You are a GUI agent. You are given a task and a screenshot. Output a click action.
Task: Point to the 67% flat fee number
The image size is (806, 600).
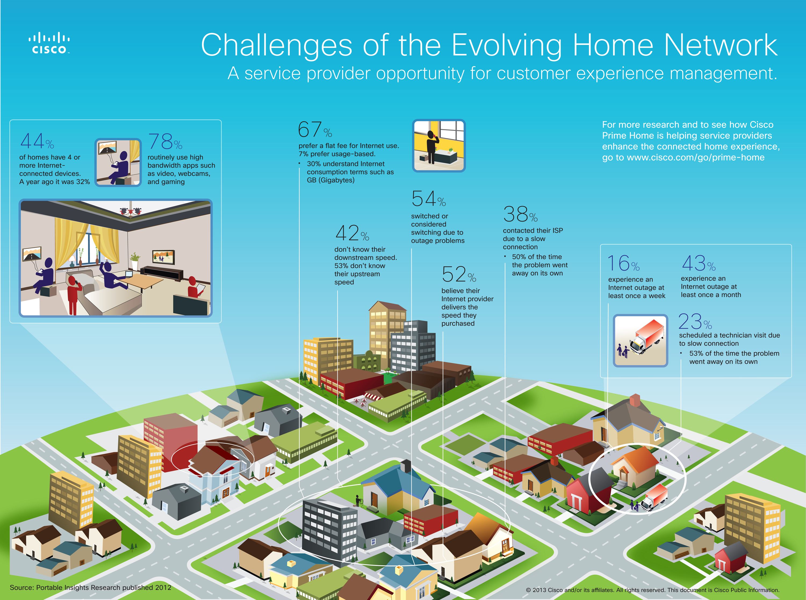315,129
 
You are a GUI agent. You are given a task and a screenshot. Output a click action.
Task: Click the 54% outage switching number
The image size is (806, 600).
429,199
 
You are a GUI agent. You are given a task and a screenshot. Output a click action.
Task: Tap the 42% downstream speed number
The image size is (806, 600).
352,233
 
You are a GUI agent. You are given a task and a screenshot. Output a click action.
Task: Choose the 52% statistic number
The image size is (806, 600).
459,274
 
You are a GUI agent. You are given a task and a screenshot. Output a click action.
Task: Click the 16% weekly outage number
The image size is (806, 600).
624,263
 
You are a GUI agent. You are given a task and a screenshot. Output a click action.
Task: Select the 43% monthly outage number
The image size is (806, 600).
699,263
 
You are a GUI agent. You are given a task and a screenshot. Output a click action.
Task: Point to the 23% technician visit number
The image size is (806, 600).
695,321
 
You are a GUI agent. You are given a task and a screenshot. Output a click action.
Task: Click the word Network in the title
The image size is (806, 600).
721,45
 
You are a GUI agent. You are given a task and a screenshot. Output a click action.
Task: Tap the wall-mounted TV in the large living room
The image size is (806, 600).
164,257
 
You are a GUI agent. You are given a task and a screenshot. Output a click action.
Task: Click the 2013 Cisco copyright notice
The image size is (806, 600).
653,590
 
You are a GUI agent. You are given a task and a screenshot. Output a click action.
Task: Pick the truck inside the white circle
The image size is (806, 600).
654,497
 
